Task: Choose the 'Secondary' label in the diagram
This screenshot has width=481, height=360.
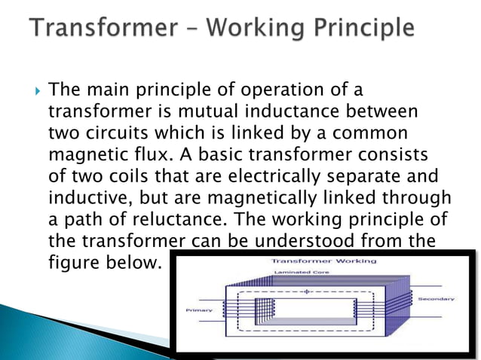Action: (x=437, y=299)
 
